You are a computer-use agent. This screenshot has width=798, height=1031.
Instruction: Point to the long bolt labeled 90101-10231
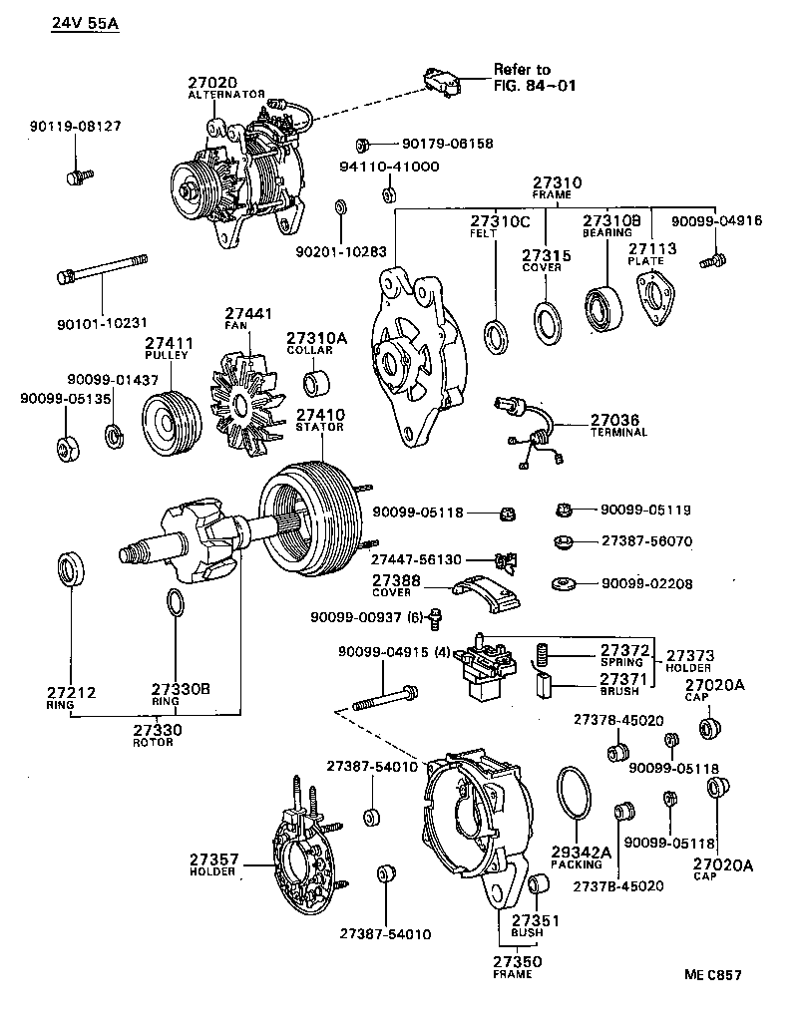coord(104,271)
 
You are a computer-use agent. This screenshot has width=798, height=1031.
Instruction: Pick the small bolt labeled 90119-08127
coord(75,177)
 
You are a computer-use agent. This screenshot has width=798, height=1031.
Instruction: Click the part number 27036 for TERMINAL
coord(614,420)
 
